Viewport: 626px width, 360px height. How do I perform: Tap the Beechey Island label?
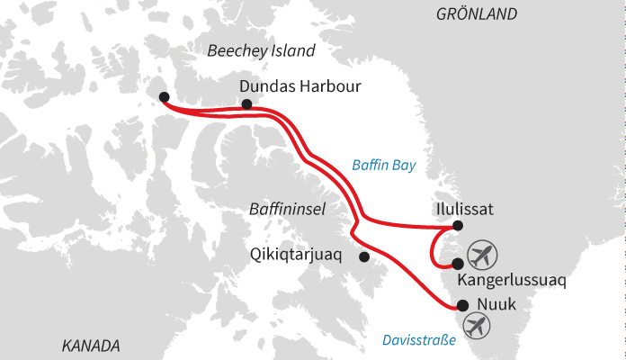click(x=262, y=51)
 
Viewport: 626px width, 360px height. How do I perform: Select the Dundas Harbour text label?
click(x=300, y=86)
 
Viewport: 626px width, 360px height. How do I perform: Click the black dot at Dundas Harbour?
click(x=247, y=104)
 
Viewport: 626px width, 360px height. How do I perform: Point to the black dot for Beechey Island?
click(x=163, y=97)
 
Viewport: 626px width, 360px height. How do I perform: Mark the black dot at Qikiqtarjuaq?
click(x=364, y=256)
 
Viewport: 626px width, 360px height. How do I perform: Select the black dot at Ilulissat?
click(x=458, y=225)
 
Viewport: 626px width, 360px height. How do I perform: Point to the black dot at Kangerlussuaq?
click(x=458, y=264)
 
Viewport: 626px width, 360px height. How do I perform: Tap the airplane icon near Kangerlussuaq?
click(x=483, y=251)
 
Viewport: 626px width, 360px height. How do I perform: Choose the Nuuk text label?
click(x=497, y=304)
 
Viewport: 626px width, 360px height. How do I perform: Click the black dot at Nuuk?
click(x=463, y=305)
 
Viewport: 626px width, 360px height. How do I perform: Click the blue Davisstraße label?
click(x=419, y=339)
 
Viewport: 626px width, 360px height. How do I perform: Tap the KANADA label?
click(x=91, y=346)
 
